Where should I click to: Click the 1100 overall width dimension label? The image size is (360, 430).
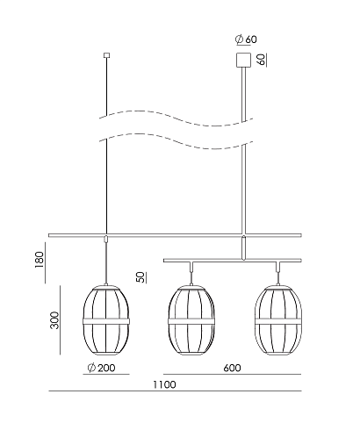pyautogui.click(x=165, y=384)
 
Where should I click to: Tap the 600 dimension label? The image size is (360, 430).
pyautogui.click(x=232, y=368)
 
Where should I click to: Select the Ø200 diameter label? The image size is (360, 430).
pyautogui.click(x=102, y=368)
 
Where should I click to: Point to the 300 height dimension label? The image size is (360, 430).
pyautogui.click(x=54, y=320)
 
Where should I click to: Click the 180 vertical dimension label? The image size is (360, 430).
pyautogui.click(x=39, y=260)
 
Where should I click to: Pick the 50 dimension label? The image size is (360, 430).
pyautogui.click(x=141, y=277)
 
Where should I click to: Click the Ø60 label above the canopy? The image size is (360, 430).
pyautogui.click(x=246, y=39)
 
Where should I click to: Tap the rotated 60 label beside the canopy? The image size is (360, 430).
pyautogui.click(x=262, y=60)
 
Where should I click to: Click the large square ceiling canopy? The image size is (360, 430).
pyautogui.click(x=243, y=60)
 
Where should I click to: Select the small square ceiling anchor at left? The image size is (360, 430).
pyautogui.click(x=107, y=55)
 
